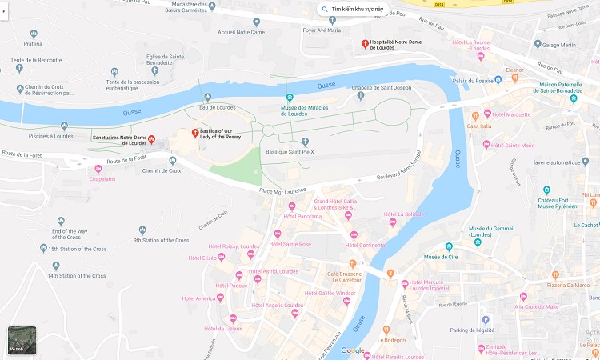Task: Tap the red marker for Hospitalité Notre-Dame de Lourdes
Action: (x=365, y=43)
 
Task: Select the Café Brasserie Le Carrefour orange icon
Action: (x=352, y=263)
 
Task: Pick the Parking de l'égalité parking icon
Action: (x=485, y=320)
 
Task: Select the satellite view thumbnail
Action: (x=22, y=340)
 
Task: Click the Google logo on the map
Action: (x=353, y=350)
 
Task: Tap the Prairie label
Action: (x=33, y=44)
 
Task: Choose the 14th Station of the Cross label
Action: (x=76, y=276)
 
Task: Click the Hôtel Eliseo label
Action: (x=203, y=258)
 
